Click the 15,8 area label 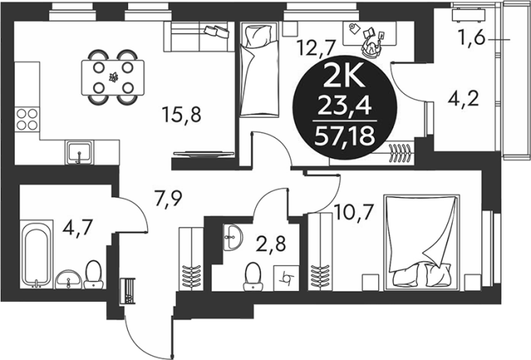click(181, 114)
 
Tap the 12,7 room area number click(315, 47)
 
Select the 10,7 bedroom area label click(353, 213)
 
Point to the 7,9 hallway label click(169, 200)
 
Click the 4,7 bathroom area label click(78, 227)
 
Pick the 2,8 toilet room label click(271, 244)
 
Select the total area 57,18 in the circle click(344, 137)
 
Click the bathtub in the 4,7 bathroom click(36, 254)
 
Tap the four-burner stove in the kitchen click(27, 119)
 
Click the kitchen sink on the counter click(79, 152)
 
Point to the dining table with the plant click(113, 78)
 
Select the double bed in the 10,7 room click(422, 242)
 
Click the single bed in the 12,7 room click(260, 70)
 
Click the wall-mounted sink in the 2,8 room click(233, 237)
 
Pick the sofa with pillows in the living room click(199, 36)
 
